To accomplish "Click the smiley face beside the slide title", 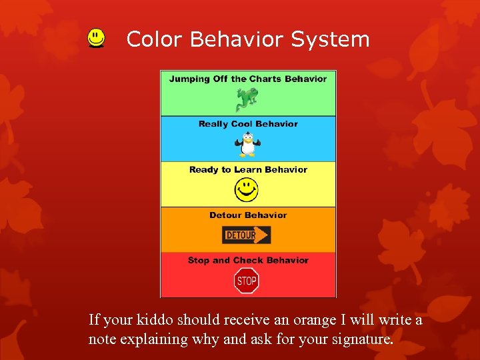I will [x=97, y=39].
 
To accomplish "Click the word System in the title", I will [x=330, y=39].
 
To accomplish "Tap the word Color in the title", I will [x=154, y=39].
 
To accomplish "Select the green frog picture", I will [x=246, y=99].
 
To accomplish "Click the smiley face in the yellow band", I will [x=246, y=191].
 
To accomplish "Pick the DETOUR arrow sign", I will [x=246, y=235].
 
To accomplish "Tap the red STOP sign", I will [x=247, y=281].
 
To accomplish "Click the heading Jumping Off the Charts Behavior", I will [x=248, y=79].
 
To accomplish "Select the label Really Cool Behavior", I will [x=248, y=124].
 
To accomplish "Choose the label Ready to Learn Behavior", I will [x=248, y=169].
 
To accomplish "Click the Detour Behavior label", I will [x=248, y=215].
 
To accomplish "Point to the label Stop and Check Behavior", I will [x=248, y=260].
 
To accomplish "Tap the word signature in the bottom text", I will [x=364, y=339].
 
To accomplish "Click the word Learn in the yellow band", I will [x=248, y=169].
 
